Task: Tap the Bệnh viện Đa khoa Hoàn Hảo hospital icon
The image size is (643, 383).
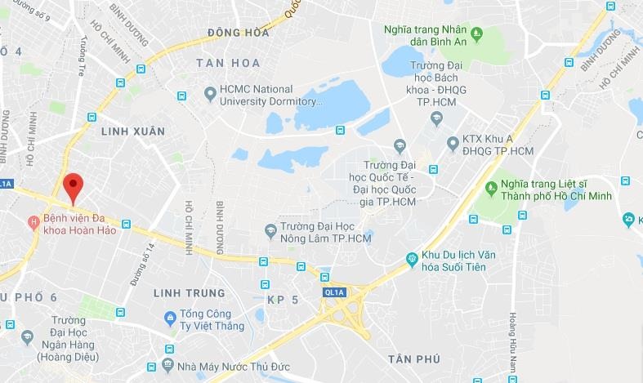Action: (33, 221)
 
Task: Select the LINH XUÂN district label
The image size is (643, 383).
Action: (132, 131)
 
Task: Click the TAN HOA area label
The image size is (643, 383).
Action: (228, 63)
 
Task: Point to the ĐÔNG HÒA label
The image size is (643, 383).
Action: (239, 33)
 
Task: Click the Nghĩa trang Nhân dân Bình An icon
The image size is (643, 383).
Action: (477, 33)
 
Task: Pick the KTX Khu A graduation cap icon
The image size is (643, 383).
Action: (453, 144)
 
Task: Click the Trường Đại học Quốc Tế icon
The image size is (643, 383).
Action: (400, 146)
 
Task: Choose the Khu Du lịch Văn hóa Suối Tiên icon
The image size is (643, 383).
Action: (413, 260)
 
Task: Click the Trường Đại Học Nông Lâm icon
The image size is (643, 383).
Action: (270, 232)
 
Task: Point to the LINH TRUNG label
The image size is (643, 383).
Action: (189, 293)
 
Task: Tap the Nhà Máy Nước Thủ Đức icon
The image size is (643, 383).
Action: (168, 363)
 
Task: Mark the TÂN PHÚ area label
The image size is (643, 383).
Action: (414, 359)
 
